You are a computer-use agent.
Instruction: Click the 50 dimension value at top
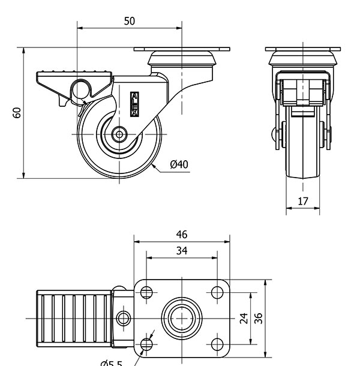129,21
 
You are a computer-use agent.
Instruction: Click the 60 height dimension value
17,113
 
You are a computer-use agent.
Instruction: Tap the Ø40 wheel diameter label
179,164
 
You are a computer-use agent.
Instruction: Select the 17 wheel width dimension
303,202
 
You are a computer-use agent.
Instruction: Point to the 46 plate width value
181,235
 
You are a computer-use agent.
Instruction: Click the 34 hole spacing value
181,251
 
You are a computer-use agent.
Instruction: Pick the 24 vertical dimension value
244,318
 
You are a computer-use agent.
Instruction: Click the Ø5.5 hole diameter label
111,362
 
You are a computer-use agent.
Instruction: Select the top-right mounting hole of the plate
217,293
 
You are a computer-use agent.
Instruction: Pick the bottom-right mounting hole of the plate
217,344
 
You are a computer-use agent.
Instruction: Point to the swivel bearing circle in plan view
181,318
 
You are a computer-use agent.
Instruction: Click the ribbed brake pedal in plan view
73,318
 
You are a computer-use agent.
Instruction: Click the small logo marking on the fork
134,100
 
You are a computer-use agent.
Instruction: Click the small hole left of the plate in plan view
124,317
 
